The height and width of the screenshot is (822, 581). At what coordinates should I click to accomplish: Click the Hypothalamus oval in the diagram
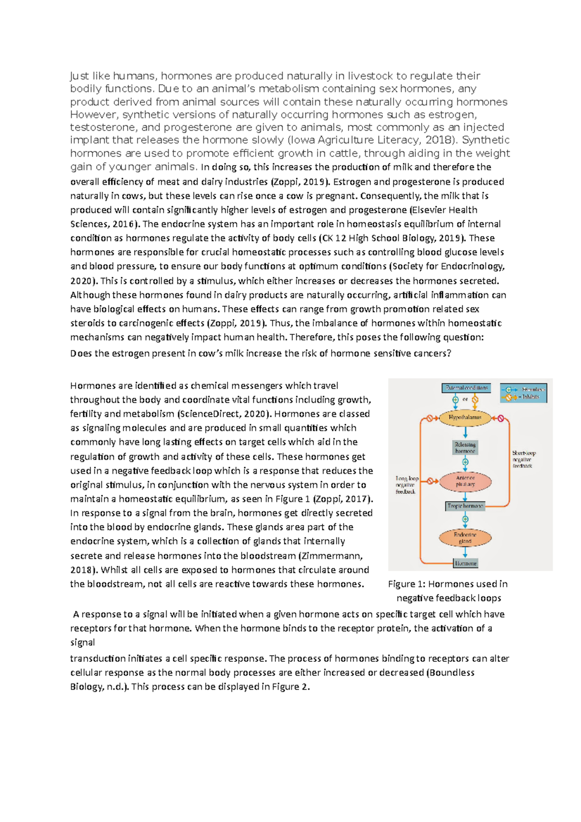pos(465,417)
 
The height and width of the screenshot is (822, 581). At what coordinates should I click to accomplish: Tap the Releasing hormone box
pos(465,447)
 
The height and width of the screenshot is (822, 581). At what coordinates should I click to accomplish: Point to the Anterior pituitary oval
pos(465,481)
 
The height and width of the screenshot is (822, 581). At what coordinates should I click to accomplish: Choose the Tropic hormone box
pos(465,506)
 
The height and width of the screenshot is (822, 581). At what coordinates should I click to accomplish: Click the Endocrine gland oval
pos(465,537)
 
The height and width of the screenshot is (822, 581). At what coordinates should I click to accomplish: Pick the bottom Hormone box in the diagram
pos(465,563)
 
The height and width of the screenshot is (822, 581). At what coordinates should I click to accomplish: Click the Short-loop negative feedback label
pos(523,459)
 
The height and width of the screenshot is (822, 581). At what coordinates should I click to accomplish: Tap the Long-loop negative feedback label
pos(406,485)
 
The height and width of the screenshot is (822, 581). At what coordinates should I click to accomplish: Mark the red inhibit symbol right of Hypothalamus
pos(501,418)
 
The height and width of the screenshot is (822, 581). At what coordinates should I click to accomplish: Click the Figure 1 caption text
pos(448,591)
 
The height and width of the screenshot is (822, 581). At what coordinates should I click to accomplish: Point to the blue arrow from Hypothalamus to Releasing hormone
pos(465,432)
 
